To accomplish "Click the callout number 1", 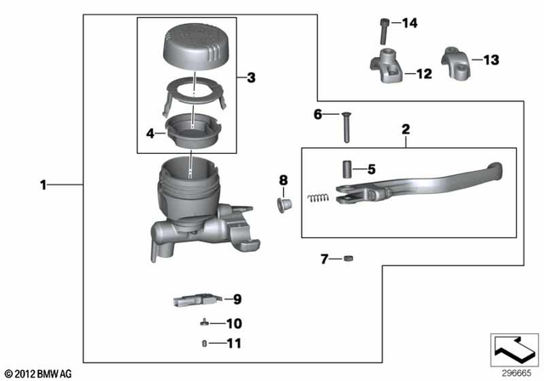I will [x=44, y=184].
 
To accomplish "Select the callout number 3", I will [x=251, y=78].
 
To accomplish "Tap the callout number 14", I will [x=411, y=23].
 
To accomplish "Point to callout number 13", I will [x=491, y=60].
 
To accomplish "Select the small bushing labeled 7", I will [x=348, y=259].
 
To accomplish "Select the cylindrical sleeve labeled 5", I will [x=348, y=168].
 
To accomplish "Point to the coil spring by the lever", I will [x=316, y=199].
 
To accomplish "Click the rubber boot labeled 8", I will [x=284, y=205].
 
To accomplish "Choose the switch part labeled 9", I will [x=191, y=299].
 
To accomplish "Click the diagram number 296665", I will [x=513, y=372].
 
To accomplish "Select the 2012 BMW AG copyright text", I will [x=39, y=373].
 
